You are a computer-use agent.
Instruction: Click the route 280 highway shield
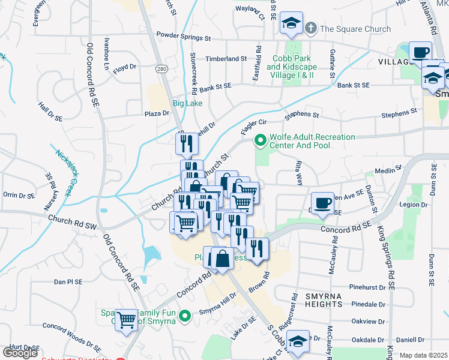click(x=161, y=69)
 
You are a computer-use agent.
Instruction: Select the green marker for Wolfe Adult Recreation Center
click(x=261, y=141)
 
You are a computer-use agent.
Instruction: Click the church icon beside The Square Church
click(x=311, y=28)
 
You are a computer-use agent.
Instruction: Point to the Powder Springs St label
click(x=184, y=37)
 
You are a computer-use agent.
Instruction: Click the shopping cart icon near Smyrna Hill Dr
click(x=127, y=320)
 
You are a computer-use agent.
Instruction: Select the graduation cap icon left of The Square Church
click(x=291, y=23)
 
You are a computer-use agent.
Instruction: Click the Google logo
click(x=20, y=353)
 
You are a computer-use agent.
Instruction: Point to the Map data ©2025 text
click(x=424, y=355)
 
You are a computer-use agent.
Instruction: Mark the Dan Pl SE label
click(x=68, y=281)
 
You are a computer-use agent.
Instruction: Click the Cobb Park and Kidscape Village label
click(x=291, y=67)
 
